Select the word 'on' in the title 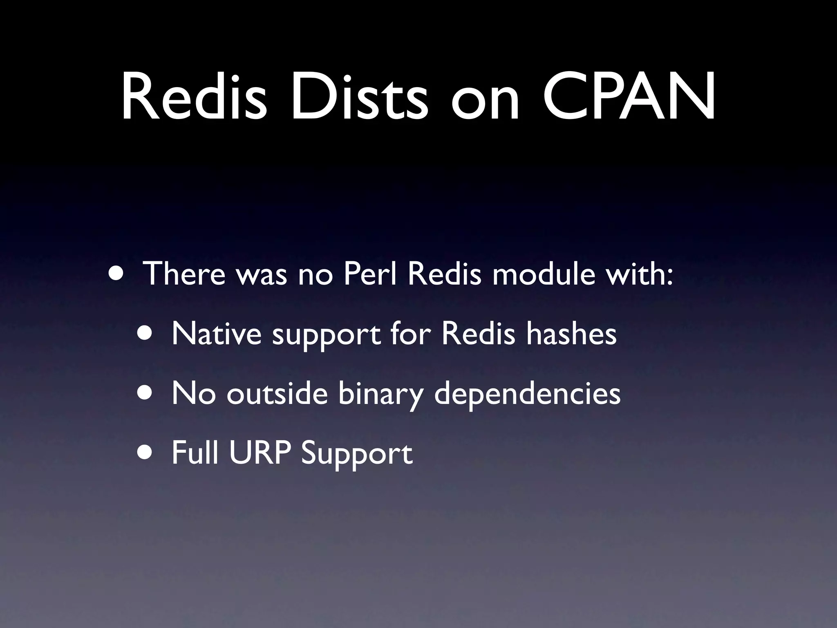(485, 102)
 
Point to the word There (184, 274)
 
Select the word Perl (370, 274)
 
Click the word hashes (571, 334)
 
